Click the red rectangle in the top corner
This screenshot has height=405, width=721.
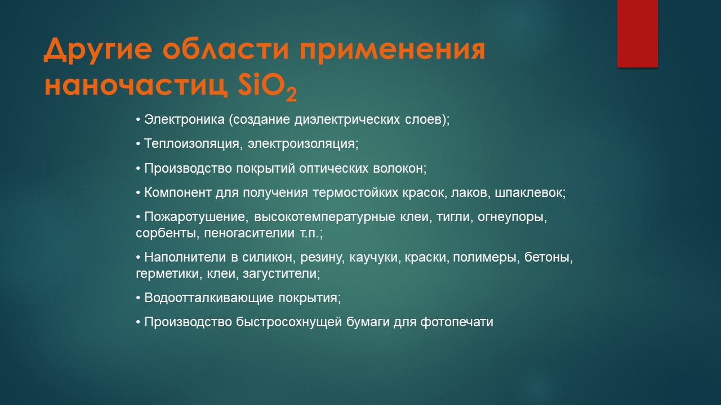tap(637, 33)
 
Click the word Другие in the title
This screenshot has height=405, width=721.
tap(97, 51)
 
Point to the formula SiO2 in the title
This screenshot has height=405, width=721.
tap(267, 88)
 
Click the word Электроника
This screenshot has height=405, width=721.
tap(184, 119)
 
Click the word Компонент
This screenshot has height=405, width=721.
tap(177, 192)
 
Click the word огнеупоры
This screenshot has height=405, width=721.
tap(513, 217)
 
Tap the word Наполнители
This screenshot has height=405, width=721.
tap(185, 257)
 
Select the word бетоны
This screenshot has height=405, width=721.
tap(549, 257)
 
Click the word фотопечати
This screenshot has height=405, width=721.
tap(457, 322)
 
